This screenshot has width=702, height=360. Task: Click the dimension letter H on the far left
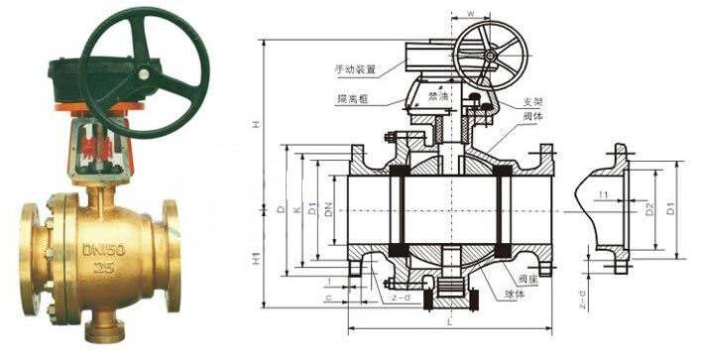pyautogui.click(x=256, y=124)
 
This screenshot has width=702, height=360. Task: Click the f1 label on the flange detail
pyautogui.click(x=604, y=195)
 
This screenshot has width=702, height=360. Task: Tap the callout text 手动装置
pyautogui.click(x=354, y=69)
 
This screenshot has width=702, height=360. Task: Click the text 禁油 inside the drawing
pyautogui.click(x=438, y=97)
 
